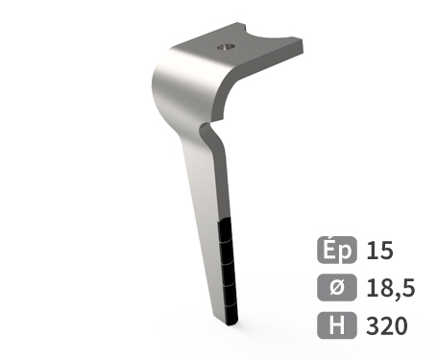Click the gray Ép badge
click(336, 252)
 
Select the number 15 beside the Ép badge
click(379, 252)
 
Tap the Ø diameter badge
click(336, 288)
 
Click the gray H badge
click(336, 324)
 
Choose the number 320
click(386, 324)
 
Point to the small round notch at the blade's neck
click(205, 127)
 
